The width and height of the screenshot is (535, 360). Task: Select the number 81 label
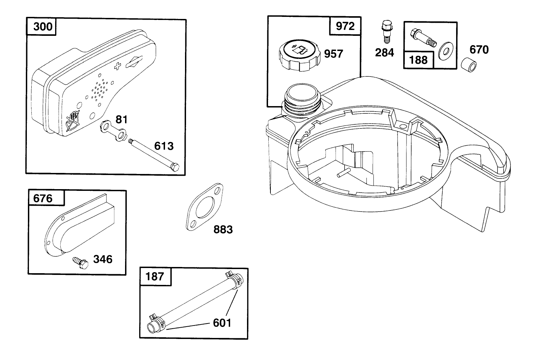(121, 120)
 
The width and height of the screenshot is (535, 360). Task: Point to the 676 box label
(43, 198)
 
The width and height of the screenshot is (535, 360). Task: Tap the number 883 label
(223, 229)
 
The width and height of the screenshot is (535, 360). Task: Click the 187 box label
(155, 276)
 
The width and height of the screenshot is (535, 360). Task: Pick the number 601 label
(222, 323)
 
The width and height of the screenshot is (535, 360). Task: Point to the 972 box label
(345, 26)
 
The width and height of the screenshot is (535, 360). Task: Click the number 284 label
(384, 53)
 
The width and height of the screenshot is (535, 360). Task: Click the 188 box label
(418, 60)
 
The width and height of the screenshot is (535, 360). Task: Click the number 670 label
(479, 50)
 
